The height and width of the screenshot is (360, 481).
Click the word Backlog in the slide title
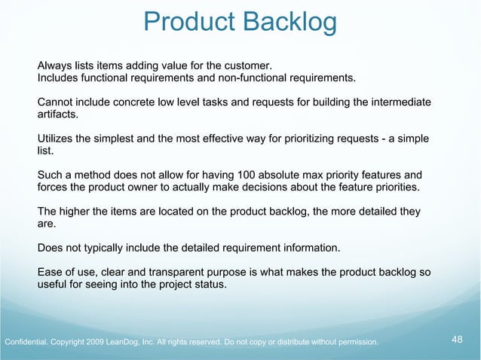pyautogui.click(x=290, y=23)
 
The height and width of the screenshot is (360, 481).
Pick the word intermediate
pyautogui.click(x=400, y=102)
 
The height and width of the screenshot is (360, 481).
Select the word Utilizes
pyautogui.click(x=57, y=139)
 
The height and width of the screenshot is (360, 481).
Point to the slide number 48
pyautogui.click(x=457, y=340)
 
